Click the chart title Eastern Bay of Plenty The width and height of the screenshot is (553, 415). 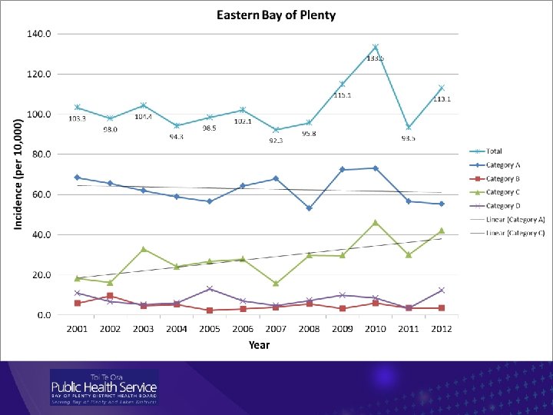pyautogui.click(x=276, y=15)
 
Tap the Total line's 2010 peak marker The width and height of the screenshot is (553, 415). pyautogui.click(x=376, y=47)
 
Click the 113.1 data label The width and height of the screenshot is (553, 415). pyautogui.click(x=443, y=98)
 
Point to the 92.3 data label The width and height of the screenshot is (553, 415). pyautogui.click(x=276, y=141)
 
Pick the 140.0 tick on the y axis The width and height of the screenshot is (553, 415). pyautogui.click(x=40, y=35)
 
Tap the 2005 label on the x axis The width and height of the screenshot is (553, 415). pyautogui.click(x=210, y=329)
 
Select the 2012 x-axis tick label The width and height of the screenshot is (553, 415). pyautogui.click(x=441, y=329)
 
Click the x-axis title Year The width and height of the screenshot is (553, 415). pyautogui.click(x=259, y=345)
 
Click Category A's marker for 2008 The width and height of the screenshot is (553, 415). pyautogui.click(x=310, y=208)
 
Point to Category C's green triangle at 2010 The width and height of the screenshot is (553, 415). pyautogui.click(x=376, y=223)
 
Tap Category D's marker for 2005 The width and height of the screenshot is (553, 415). pyautogui.click(x=210, y=289)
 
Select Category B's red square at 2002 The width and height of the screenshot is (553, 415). pyautogui.click(x=111, y=296)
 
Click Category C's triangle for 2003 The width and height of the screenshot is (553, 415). pyautogui.click(x=144, y=249)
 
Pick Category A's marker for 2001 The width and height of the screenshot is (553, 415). pyautogui.click(x=78, y=178)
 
